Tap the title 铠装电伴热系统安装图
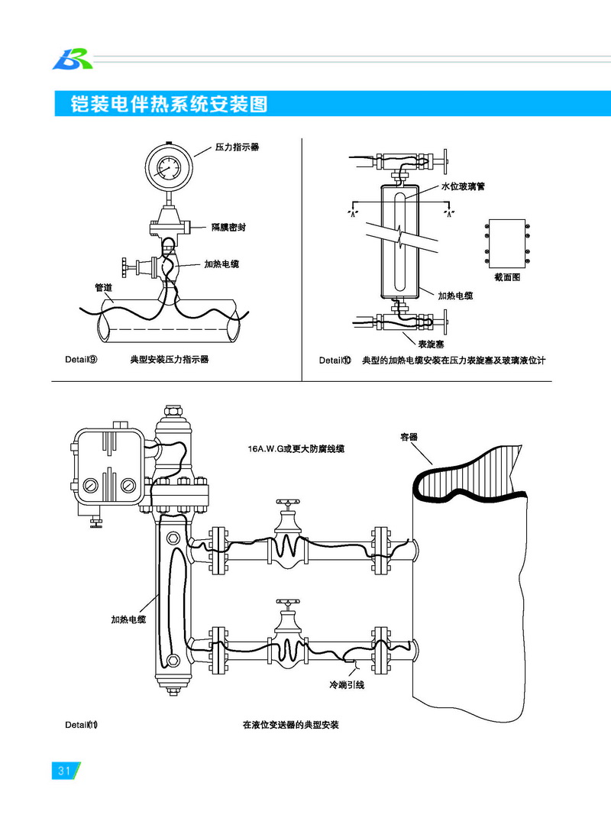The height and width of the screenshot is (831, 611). [x=169, y=105]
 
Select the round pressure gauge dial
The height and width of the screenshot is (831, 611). [x=167, y=167]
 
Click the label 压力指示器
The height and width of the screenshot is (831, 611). [x=237, y=147]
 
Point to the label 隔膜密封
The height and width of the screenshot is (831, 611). [x=228, y=227]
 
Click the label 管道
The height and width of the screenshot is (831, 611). [x=103, y=288]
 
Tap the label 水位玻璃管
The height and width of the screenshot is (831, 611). [x=463, y=187]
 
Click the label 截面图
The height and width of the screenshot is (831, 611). [x=507, y=278]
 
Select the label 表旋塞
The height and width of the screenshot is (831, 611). [x=432, y=344]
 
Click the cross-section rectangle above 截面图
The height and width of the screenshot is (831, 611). [x=506, y=243]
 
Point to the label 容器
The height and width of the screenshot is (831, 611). [x=409, y=438]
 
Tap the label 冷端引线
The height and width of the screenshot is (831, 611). [x=347, y=684]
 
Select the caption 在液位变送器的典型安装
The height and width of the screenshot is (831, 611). [x=290, y=725]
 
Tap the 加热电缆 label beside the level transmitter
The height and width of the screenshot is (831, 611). [x=128, y=619]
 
